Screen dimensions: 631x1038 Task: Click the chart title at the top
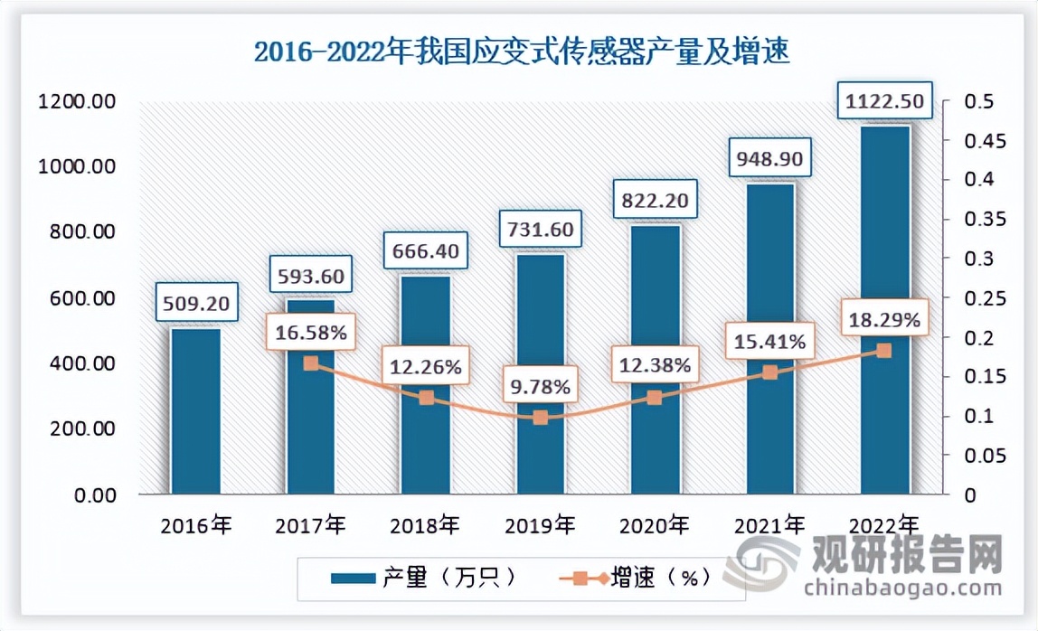[x=522, y=52]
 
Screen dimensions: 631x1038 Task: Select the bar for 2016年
[x=196, y=411]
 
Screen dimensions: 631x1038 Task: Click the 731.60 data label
[x=541, y=230]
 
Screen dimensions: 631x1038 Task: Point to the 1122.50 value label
[x=885, y=101]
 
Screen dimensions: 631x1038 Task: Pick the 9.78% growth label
[x=540, y=387]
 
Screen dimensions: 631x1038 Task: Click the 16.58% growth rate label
[x=310, y=333]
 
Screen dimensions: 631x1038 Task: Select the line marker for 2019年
[x=541, y=418]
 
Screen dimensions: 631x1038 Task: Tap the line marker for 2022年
[x=885, y=351]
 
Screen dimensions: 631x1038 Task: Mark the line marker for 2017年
[x=310, y=363]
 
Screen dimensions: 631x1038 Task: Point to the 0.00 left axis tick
[x=89, y=495]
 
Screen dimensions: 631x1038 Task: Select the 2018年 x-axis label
[x=425, y=523]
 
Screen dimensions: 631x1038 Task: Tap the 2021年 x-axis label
[x=769, y=523]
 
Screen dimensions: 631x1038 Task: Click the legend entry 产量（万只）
[x=423, y=577]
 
